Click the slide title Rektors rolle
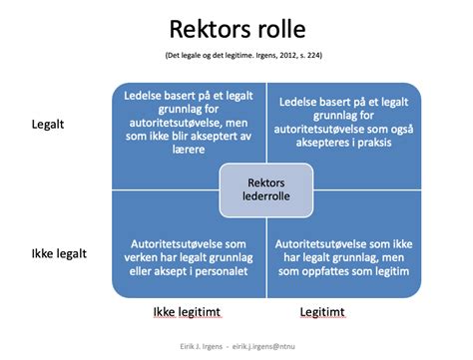(x=236, y=24)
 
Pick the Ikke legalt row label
(x=56, y=253)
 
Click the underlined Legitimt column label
(x=320, y=313)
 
